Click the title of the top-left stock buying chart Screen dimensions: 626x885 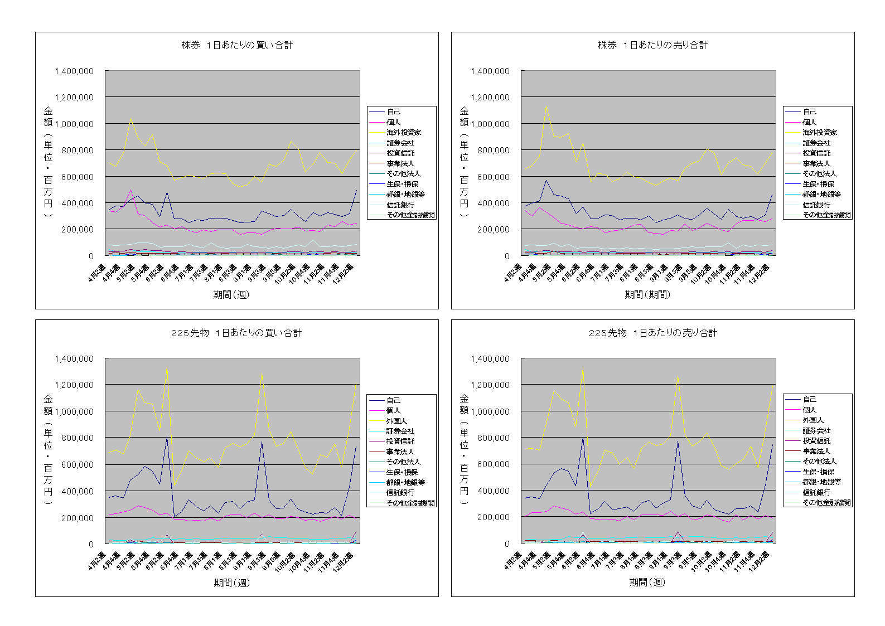click(x=237, y=45)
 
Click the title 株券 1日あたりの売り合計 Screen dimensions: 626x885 click(x=652, y=45)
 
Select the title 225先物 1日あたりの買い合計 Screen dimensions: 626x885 click(x=236, y=333)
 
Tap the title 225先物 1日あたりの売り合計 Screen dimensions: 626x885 click(x=652, y=333)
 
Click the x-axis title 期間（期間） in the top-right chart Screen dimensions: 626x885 click(x=647, y=294)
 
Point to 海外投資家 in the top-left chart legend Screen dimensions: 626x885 click(x=404, y=133)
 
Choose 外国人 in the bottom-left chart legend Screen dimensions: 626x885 click(x=396, y=421)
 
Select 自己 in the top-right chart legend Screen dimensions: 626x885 click(x=810, y=112)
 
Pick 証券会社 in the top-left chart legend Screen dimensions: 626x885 click(x=400, y=143)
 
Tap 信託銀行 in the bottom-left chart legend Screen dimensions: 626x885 click(x=400, y=493)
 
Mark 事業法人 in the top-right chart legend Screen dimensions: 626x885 click(x=816, y=163)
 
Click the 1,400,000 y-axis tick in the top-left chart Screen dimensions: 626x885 click(x=74, y=71)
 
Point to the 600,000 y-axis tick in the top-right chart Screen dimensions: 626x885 click(x=491, y=177)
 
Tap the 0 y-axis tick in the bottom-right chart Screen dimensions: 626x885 click(x=507, y=543)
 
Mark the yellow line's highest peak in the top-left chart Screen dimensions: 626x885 click(x=130, y=118)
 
